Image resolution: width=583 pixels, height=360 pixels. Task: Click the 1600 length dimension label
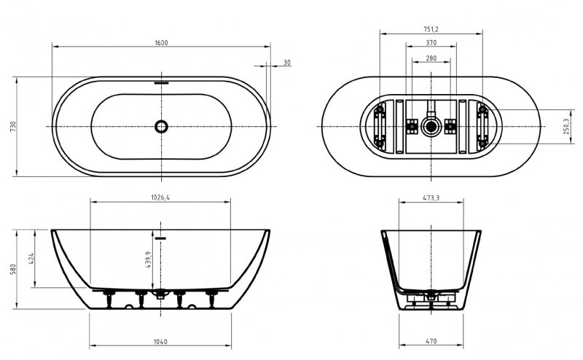(x=161, y=43)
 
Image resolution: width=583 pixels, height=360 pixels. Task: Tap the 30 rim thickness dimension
(x=286, y=63)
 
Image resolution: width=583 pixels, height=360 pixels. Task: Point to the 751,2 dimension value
(x=431, y=29)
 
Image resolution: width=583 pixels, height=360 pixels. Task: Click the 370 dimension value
(x=431, y=43)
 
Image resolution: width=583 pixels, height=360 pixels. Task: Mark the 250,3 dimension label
(x=566, y=126)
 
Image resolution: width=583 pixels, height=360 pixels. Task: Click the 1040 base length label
(x=160, y=341)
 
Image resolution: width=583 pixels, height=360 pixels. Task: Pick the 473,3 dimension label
(x=431, y=198)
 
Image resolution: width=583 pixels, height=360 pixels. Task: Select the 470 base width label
(x=431, y=341)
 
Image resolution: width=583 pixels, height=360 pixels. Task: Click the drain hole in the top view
(x=161, y=127)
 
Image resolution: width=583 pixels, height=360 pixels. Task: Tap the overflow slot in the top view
(x=161, y=82)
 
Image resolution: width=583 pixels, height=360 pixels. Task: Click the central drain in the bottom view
(x=431, y=127)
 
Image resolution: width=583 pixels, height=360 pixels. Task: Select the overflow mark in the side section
(x=160, y=238)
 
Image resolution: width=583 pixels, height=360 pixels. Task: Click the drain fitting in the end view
(x=431, y=297)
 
